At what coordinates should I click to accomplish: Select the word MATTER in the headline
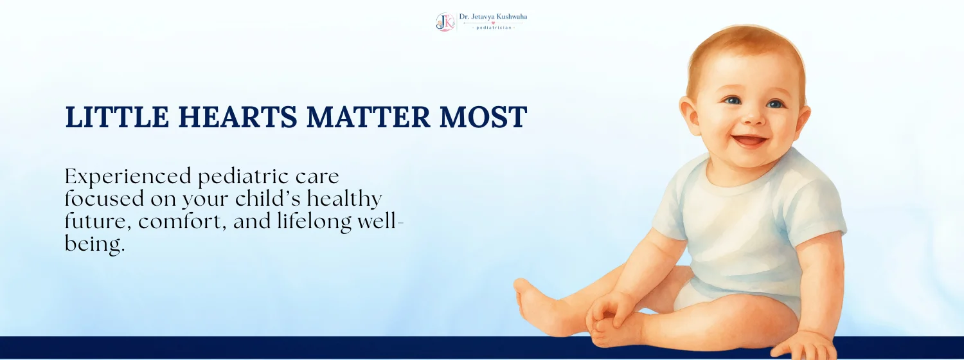pos(368,117)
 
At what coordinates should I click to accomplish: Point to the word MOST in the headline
pos(483,117)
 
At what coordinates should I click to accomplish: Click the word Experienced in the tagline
pos(128,177)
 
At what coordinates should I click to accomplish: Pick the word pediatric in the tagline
pos(243,177)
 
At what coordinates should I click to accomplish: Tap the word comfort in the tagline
pos(182,221)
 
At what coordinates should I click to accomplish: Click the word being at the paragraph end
pos(94,245)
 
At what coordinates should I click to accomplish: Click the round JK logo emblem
pos(445,22)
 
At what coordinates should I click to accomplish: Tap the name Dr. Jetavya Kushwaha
pos(493,17)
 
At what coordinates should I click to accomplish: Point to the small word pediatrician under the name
pos(494,28)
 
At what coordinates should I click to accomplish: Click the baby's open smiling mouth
pos(749,141)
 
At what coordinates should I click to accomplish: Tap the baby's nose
pos(754,117)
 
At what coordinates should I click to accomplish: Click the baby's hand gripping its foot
pos(611,309)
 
